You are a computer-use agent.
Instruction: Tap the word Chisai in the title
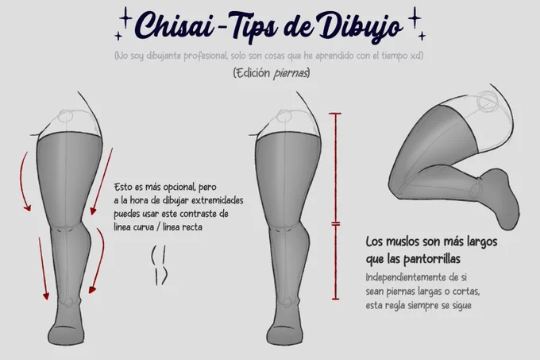(x=175, y=25)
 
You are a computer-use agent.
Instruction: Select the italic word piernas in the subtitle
(x=290, y=73)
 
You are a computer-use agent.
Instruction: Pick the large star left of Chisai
(x=125, y=17)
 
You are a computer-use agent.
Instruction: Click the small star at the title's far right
(x=422, y=36)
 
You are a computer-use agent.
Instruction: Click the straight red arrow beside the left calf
(x=44, y=268)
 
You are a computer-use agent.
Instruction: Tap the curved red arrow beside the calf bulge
(x=99, y=261)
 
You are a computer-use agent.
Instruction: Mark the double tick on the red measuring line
(x=336, y=224)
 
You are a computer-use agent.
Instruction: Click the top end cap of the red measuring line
(x=335, y=114)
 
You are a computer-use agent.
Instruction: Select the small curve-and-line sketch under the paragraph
(x=159, y=265)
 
